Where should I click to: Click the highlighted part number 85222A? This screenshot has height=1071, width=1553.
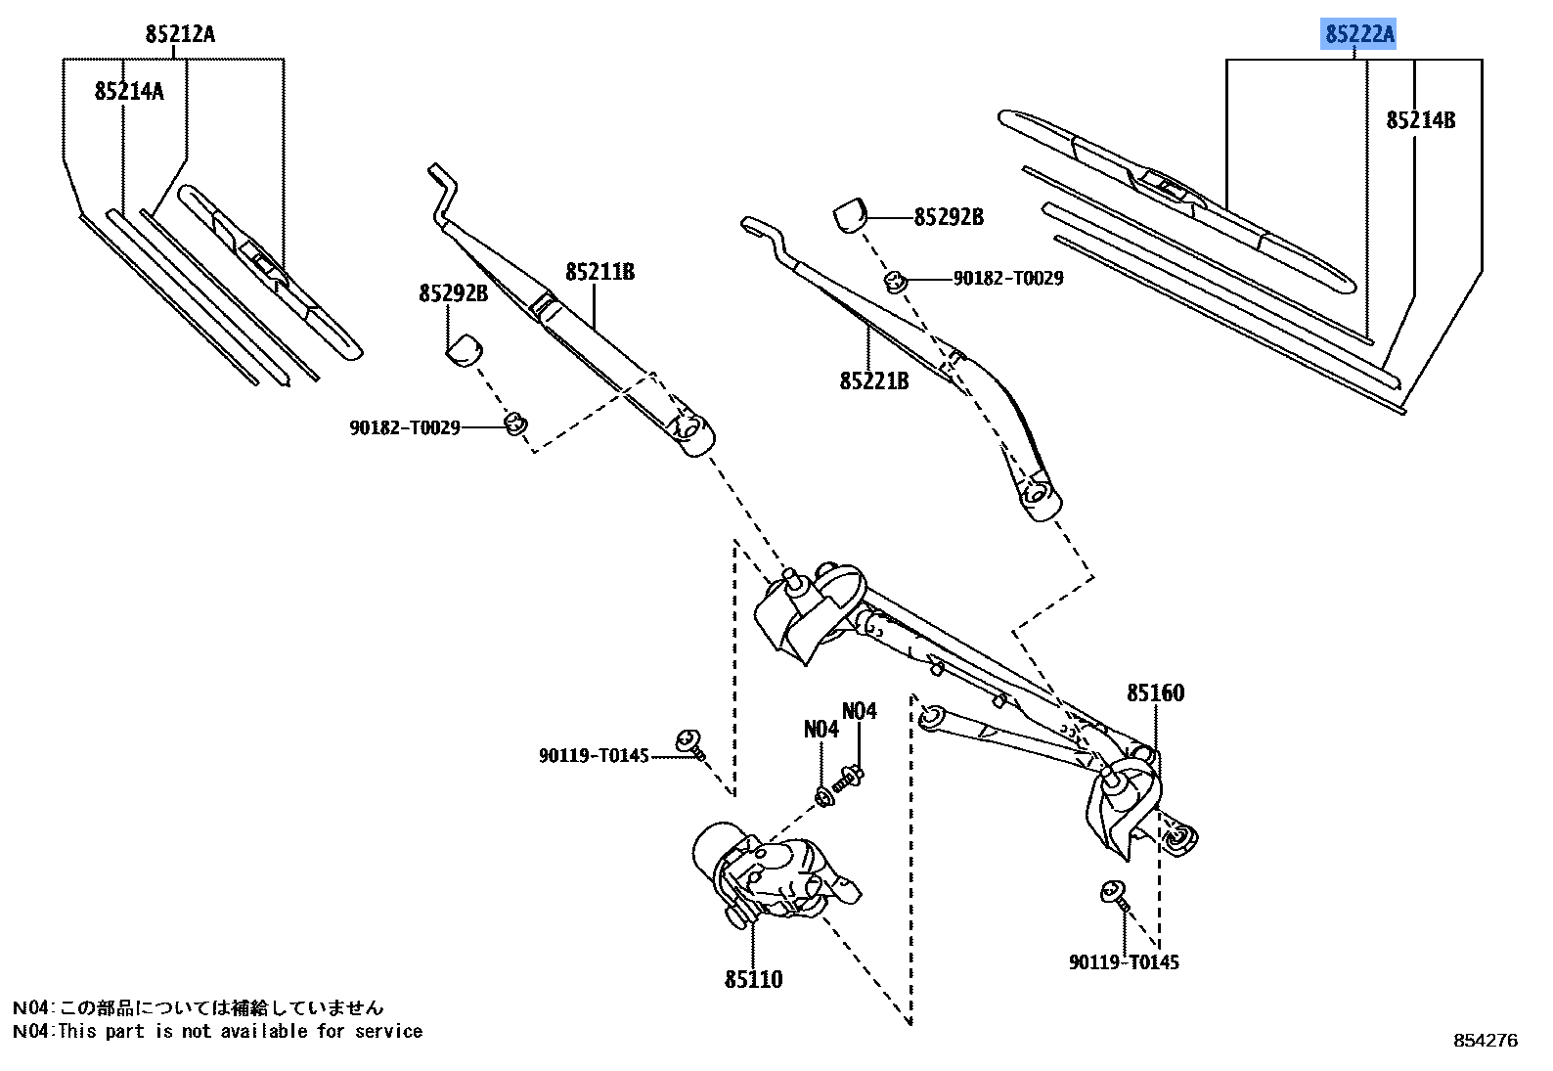[x=1359, y=35]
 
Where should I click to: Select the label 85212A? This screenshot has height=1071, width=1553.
[x=180, y=34]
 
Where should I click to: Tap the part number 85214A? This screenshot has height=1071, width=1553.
[x=129, y=91]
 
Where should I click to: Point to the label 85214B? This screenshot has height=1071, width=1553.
[x=1420, y=120]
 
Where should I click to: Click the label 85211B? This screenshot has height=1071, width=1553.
[x=599, y=272]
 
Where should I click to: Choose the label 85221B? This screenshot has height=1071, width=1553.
[x=873, y=380]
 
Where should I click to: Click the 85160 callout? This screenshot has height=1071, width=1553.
[x=1155, y=692]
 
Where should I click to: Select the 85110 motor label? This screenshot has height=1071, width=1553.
[x=753, y=979]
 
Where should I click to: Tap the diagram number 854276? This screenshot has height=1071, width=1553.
[x=1486, y=1041]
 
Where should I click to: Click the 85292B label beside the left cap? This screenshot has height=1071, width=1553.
[x=453, y=292]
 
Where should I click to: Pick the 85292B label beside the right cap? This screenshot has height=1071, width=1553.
[x=948, y=217]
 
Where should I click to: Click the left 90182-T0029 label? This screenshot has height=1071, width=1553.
[x=405, y=427]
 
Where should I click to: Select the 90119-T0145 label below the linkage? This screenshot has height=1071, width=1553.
[x=1124, y=962]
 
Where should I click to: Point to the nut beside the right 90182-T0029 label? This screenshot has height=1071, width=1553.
[x=894, y=282]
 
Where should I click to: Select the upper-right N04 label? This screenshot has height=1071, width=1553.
[x=860, y=711]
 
